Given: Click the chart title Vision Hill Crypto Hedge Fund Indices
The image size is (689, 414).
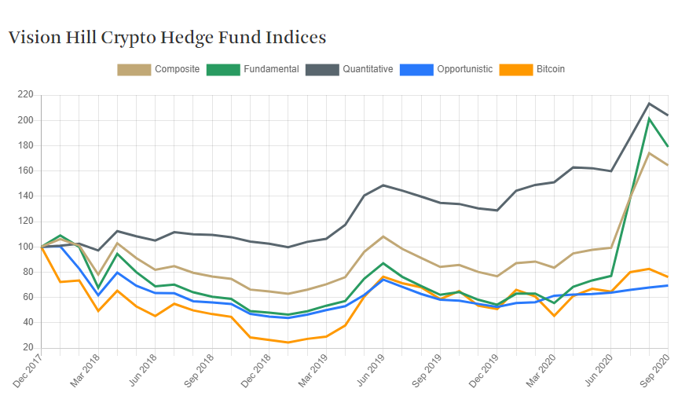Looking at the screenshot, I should coord(167,37).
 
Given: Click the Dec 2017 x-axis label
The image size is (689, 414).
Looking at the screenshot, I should coord(28,372).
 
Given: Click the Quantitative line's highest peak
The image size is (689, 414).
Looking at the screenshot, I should coord(649,104).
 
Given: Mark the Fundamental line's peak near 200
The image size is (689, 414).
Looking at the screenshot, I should coord(649,119).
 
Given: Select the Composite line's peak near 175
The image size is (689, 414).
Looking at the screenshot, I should coord(649,152).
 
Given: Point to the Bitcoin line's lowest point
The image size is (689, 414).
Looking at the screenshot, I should coord(288,343).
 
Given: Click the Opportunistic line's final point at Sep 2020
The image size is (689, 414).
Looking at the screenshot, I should coord(668,285).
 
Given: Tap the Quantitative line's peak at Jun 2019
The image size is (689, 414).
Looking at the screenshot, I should coord(383,185).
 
